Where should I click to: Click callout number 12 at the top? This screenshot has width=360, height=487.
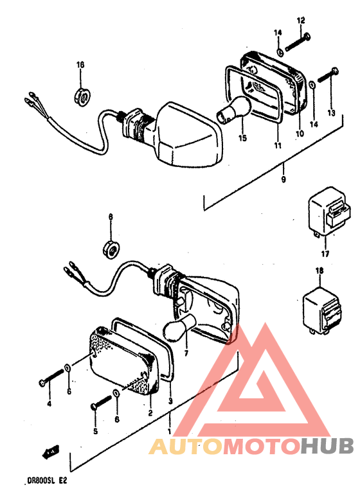pos(301,21)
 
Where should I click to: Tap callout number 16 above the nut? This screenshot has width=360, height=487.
pos(80,65)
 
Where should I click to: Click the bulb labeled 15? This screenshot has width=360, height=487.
pos(233,111)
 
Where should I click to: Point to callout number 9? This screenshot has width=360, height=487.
pos(283,179)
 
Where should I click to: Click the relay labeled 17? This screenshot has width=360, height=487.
pos(328,213)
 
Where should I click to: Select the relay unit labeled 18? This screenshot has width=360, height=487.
pos(322,311)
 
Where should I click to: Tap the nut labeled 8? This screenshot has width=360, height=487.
pos(111,249)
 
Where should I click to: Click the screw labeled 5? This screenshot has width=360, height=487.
pos(102,403)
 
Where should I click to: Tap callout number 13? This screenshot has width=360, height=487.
pos(332,112)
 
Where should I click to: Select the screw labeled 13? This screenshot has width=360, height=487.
pos(328,75)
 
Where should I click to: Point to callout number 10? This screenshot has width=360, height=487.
pos(300,134)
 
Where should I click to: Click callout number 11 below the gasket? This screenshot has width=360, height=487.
pos(278,145)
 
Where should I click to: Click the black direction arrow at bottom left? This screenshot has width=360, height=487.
pos(51,451)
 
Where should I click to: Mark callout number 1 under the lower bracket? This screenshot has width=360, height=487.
pos(170,431)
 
